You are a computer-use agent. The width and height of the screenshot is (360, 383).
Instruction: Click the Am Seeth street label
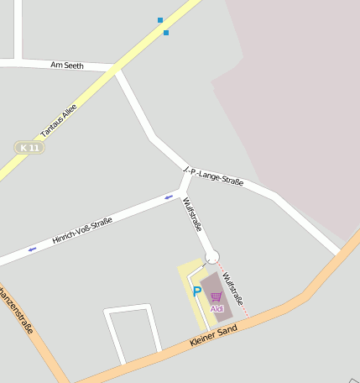tap(67, 65)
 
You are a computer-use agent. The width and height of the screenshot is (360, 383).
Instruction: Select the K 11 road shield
tap(29, 148)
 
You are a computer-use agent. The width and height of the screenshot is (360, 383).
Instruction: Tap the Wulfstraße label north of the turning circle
tap(192, 214)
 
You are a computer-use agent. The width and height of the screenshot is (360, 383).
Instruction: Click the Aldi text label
tap(217, 308)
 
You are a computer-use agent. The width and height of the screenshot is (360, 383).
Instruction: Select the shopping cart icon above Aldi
tap(217, 297)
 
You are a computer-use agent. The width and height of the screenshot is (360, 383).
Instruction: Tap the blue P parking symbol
tap(197, 291)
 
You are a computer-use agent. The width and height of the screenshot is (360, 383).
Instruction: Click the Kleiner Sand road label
tap(214, 333)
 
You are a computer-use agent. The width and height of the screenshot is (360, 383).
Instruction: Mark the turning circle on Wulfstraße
tap(212, 257)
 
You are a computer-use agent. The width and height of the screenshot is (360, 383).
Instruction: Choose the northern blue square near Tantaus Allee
tap(160, 19)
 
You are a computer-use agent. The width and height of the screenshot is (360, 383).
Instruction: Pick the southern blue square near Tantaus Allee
tap(166, 33)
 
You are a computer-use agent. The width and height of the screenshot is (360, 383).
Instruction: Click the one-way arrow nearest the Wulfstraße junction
tap(169, 197)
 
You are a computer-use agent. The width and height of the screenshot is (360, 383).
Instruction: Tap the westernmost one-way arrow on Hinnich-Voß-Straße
tap(33, 249)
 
